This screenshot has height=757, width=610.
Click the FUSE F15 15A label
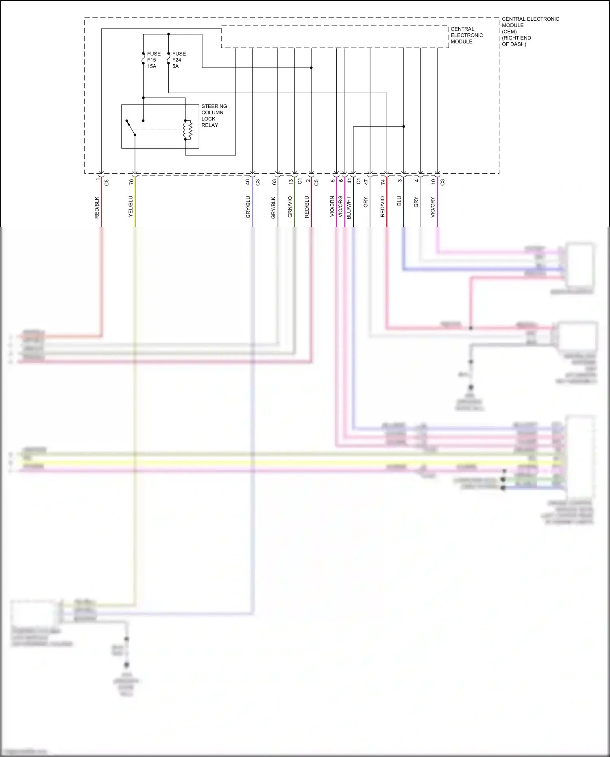[153, 60]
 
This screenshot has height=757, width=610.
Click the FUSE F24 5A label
[179, 60]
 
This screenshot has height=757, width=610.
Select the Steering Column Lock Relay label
[214, 116]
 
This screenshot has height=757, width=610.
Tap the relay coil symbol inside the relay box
[187, 130]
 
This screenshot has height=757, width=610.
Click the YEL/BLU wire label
[131, 206]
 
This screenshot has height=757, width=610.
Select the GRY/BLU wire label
[248, 207]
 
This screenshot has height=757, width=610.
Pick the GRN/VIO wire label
[290, 207]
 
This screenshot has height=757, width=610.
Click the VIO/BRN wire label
[332, 206]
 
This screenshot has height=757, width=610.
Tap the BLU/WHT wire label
[349, 208]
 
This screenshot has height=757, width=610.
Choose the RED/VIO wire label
[382, 207]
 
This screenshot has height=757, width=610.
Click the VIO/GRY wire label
[433, 207]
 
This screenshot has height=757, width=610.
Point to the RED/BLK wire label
[97, 207]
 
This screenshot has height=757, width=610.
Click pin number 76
[131, 182]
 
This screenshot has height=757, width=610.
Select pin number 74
[383, 182]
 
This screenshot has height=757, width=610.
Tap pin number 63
[274, 182]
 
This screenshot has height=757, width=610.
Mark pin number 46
[247, 182]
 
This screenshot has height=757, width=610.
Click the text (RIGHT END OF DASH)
[516, 41]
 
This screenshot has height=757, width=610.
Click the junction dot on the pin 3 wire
[404, 127]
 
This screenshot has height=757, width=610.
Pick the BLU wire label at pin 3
[399, 201]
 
